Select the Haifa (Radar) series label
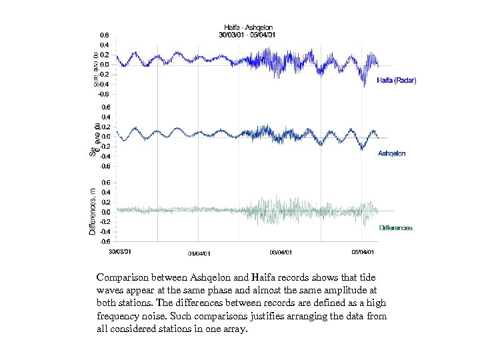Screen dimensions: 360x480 (396, 81)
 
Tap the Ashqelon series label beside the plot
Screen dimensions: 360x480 (392, 153)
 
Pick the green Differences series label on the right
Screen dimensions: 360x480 (396, 228)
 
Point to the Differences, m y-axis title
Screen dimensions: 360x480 (92, 211)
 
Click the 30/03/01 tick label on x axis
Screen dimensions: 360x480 (121, 251)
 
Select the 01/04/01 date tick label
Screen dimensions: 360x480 (199, 253)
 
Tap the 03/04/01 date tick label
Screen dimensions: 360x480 (281, 253)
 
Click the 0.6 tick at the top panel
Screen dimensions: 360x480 (105, 35)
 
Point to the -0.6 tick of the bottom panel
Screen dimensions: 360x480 (105, 241)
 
